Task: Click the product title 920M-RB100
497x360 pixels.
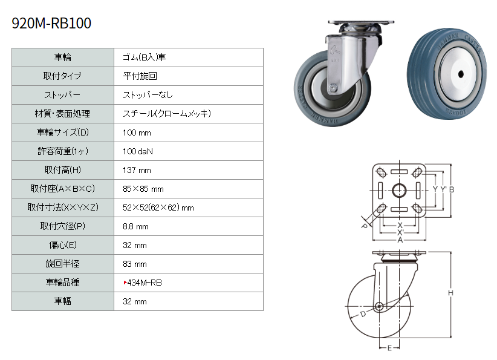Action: [x=51, y=23]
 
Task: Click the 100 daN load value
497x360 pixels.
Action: [x=138, y=152]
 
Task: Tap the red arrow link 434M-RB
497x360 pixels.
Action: [x=143, y=283]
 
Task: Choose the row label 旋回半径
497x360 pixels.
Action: [x=62, y=264]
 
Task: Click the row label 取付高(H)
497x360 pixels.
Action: [x=62, y=170]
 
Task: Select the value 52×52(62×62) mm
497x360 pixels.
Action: [x=158, y=208]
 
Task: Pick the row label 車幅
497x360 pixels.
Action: [x=62, y=301]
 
